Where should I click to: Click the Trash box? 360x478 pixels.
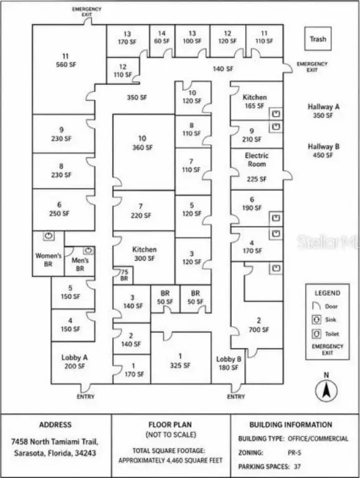(x=318, y=39)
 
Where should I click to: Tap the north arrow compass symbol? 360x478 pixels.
(x=326, y=390)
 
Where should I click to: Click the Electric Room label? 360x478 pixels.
(x=257, y=160)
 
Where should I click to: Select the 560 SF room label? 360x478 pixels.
(x=66, y=60)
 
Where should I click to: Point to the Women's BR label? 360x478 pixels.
(x=48, y=260)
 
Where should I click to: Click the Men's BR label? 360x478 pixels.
(x=80, y=265)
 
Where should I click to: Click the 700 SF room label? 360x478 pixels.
(x=258, y=325)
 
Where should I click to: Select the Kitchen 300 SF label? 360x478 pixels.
(x=144, y=254)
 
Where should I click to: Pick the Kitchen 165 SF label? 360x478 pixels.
(x=255, y=101)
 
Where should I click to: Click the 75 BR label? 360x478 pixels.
(x=124, y=275)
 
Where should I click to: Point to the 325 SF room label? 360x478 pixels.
(x=180, y=360)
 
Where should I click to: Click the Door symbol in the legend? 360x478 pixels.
(x=316, y=306)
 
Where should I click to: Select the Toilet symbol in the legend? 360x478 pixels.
(x=316, y=334)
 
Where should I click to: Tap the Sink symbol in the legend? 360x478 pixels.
(x=316, y=319)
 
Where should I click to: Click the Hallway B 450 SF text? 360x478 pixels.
(x=323, y=151)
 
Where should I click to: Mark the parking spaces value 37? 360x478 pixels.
(x=297, y=466)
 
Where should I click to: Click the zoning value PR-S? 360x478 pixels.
(x=295, y=452)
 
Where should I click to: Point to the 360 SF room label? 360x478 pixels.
(x=142, y=143)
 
